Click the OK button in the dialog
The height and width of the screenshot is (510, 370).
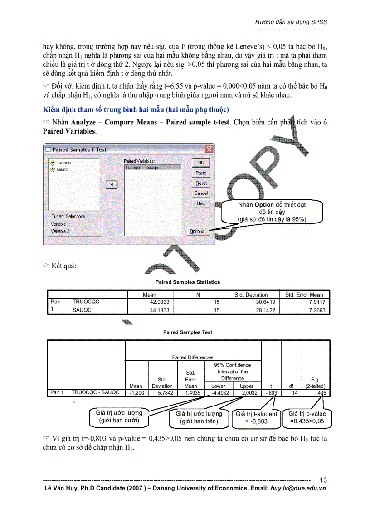tap(201, 163)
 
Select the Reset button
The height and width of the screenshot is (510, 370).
tap(201, 183)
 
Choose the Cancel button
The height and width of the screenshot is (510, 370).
tap(201, 193)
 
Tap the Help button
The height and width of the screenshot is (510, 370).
tap(201, 203)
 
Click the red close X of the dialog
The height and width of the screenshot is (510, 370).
tap(209, 149)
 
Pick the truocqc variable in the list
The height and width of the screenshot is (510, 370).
tap(63, 163)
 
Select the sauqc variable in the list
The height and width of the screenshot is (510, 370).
tap(62, 169)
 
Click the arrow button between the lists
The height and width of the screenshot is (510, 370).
tap(112, 184)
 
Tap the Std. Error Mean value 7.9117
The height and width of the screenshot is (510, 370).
tap(315, 302)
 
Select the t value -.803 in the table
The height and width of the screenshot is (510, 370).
tap(271, 392)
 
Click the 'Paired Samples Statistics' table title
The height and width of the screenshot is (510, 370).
tap(187, 282)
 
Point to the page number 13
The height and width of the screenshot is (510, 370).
tap(323, 480)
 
